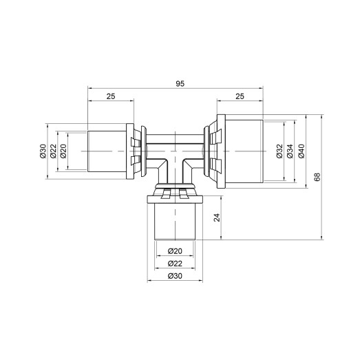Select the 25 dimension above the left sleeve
pos(110,97)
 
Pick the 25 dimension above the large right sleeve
pos(240,97)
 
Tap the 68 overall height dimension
pos(317,177)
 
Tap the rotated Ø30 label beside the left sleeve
pos(42,152)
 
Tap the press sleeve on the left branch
pos(107,151)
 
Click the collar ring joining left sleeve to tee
pos(138,151)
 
